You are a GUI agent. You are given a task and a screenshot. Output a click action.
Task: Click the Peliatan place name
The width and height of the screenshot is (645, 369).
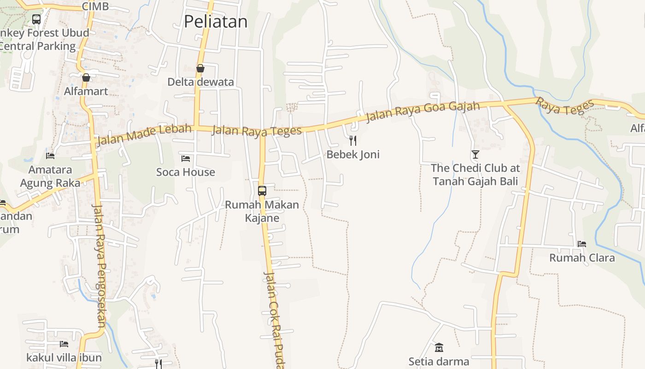(216, 22)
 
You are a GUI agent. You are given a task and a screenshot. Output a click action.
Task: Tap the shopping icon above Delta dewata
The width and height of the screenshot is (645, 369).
(200, 69)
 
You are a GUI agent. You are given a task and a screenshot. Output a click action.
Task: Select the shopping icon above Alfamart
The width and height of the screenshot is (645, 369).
(86, 77)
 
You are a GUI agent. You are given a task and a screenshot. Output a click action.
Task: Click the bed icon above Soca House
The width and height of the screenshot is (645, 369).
(186, 159)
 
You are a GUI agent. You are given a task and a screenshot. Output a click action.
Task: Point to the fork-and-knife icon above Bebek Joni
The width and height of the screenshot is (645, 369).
(353, 141)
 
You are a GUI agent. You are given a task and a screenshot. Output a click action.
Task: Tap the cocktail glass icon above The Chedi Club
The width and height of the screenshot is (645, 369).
(475, 155)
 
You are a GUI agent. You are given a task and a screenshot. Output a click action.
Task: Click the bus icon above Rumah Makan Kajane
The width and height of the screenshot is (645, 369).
(262, 190)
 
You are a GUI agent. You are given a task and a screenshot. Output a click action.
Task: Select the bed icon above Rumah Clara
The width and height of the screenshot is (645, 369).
(582, 244)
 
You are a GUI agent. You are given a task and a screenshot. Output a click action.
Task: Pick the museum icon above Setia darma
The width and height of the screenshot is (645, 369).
(439, 347)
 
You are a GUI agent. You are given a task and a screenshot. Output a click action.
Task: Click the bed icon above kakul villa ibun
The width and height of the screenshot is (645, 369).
(64, 344)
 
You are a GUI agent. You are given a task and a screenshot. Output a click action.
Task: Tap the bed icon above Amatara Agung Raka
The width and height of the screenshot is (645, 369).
(50, 156)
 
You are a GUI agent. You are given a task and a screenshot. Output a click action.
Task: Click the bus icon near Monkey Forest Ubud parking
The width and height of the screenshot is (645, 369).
(36, 19)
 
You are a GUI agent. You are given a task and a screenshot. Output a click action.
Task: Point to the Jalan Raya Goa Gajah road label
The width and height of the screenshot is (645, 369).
(423, 112)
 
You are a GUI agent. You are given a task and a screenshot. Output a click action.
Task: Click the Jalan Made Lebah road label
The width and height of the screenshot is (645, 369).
(144, 134)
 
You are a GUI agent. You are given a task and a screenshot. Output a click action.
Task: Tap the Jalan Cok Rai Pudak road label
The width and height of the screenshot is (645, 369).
(274, 318)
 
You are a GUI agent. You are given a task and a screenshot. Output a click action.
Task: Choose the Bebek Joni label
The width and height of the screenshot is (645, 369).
(353, 154)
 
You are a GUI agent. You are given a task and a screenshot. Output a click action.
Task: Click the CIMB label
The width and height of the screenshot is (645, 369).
(95, 6)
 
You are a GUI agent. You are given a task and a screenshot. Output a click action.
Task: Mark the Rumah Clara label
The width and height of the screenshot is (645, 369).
(582, 258)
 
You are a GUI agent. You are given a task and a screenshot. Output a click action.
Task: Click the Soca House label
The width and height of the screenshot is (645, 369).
(186, 172)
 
